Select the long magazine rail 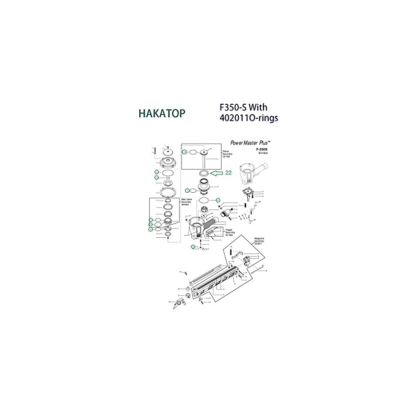click(x=217, y=283)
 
